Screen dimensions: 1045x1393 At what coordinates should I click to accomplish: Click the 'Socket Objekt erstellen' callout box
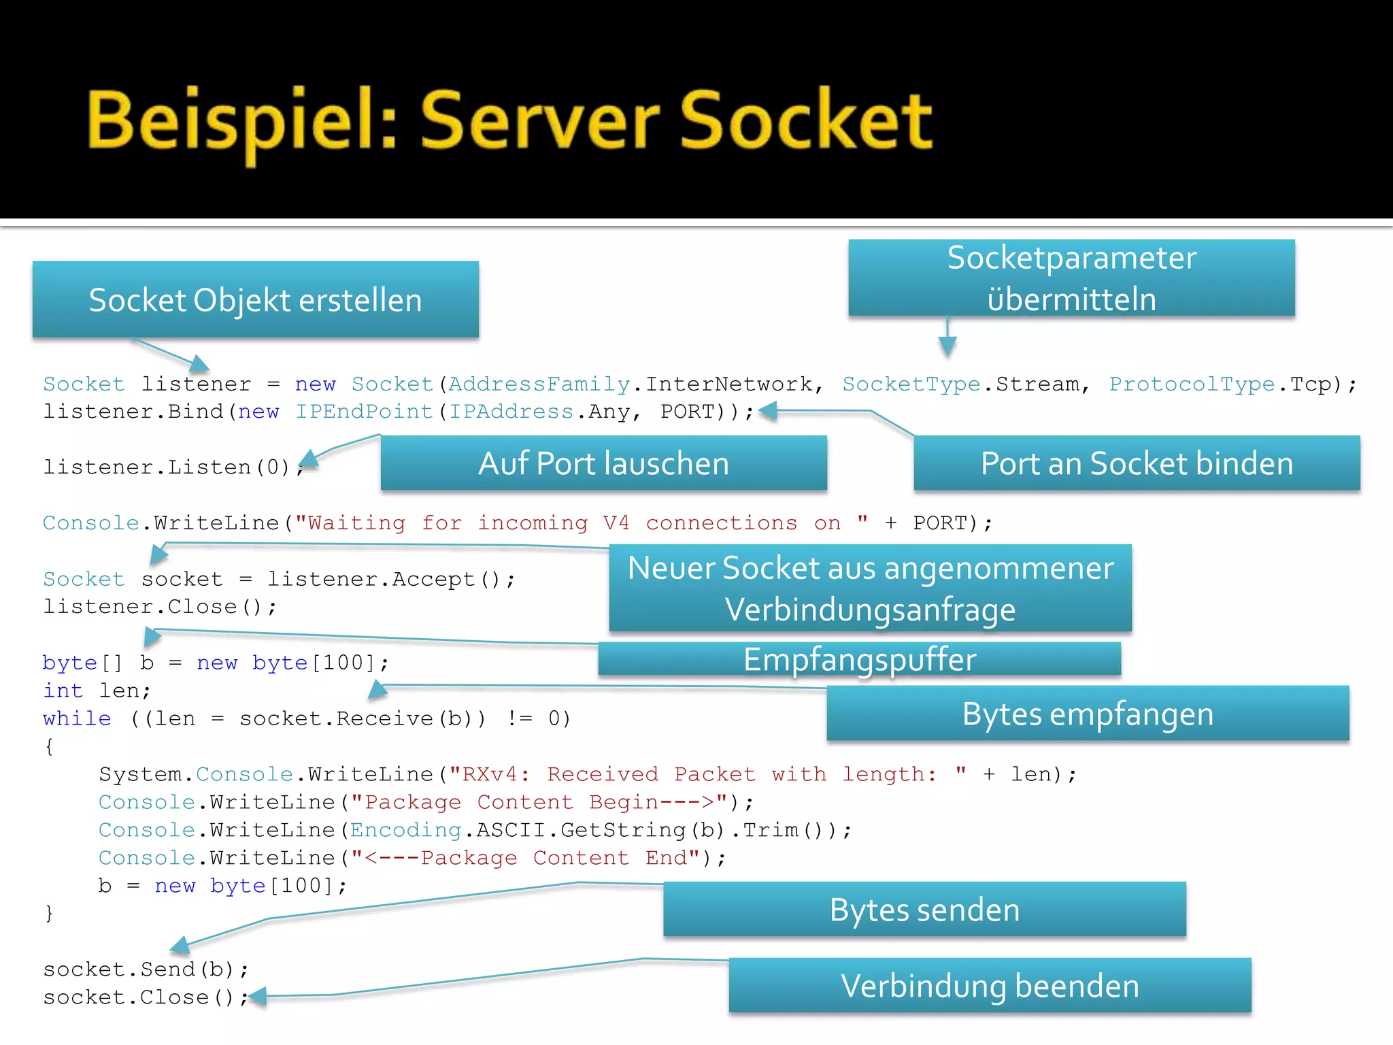click(255, 300)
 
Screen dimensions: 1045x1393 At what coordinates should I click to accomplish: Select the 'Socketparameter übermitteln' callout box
click(1071, 278)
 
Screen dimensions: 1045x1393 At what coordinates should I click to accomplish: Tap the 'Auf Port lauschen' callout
click(603, 463)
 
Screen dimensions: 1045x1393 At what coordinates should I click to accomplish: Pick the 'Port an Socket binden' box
click(1137, 463)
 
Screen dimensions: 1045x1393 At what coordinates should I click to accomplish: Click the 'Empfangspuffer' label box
click(859, 659)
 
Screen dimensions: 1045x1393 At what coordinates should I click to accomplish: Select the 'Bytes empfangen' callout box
click(1088, 714)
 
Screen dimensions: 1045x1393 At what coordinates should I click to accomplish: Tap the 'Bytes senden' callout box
click(924, 910)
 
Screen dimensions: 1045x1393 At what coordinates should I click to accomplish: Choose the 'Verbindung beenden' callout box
click(990, 986)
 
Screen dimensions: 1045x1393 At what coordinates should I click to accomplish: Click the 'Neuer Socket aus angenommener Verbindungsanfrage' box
click(870, 588)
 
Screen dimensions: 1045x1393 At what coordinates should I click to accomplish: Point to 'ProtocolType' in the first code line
click(1192, 384)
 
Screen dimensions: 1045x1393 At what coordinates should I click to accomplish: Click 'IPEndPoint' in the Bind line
click(364, 412)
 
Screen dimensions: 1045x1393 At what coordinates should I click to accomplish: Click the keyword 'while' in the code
click(76, 718)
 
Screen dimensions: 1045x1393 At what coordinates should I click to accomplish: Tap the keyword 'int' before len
click(63, 691)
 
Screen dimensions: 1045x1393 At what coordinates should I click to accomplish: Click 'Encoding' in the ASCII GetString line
click(405, 830)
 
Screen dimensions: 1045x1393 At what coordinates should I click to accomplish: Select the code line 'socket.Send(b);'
click(146, 969)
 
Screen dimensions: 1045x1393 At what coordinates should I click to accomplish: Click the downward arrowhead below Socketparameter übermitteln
click(947, 347)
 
